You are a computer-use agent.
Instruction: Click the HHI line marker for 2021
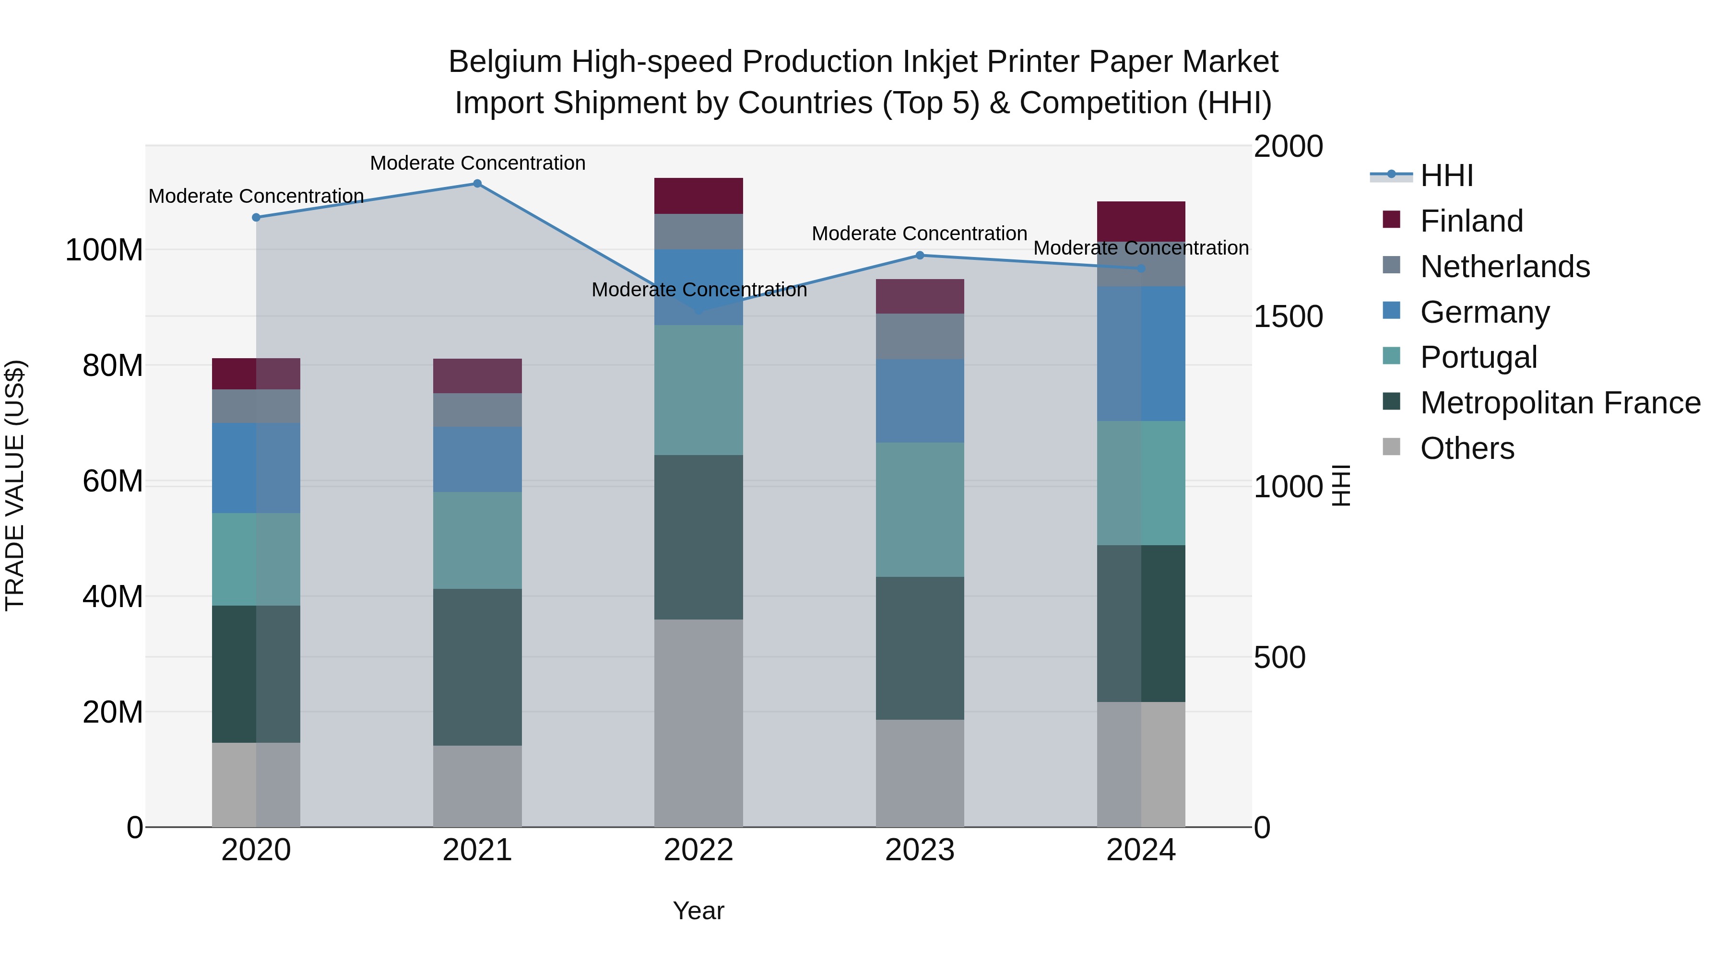tap(477, 184)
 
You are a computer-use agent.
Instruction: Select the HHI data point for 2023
tap(920, 255)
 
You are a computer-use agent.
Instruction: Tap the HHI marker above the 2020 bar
tap(256, 217)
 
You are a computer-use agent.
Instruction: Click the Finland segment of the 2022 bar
tap(698, 196)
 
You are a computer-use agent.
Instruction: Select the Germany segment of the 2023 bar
tap(920, 401)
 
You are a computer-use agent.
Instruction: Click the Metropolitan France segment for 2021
tap(477, 667)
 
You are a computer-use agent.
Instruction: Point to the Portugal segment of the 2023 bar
tap(920, 509)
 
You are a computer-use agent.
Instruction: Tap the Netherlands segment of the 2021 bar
tap(477, 410)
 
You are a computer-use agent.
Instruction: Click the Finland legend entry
tap(1472, 221)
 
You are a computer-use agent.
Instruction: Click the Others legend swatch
tap(1392, 447)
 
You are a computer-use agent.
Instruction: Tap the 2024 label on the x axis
tap(1141, 850)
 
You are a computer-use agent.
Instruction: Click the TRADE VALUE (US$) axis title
tap(15, 485)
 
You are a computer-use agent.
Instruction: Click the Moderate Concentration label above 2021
tap(477, 164)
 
